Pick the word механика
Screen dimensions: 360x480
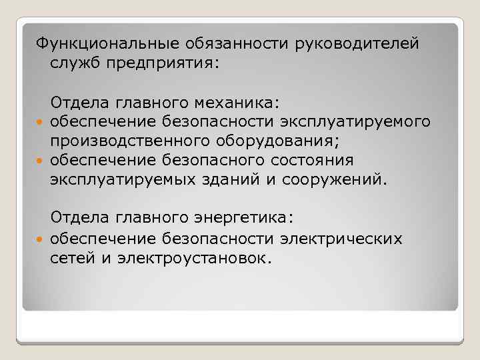pos(236,103)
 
